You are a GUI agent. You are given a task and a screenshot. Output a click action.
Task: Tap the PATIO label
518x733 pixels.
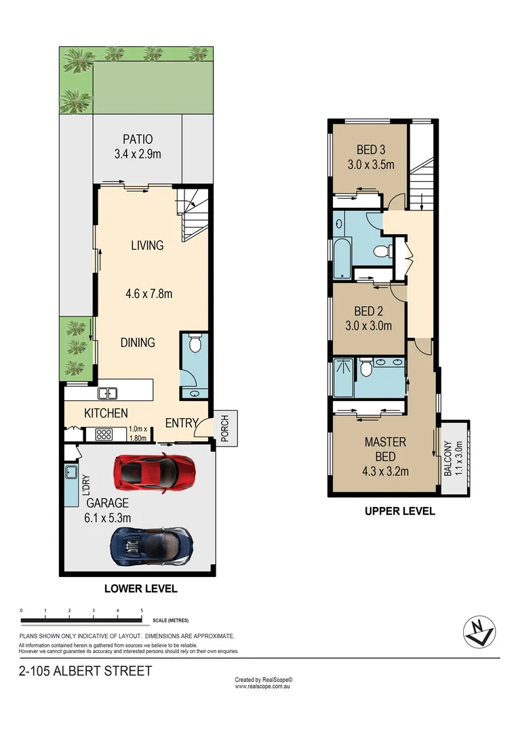click(x=138, y=140)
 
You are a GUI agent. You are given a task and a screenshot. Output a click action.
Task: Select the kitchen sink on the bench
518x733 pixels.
click(x=107, y=393)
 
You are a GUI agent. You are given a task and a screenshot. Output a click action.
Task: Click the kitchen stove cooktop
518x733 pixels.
click(x=104, y=434)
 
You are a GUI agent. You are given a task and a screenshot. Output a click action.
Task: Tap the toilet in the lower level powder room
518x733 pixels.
click(x=195, y=345)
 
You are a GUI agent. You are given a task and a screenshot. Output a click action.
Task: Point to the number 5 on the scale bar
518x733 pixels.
click(x=142, y=611)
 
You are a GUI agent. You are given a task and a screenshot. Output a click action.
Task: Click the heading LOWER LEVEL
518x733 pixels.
click(x=141, y=588)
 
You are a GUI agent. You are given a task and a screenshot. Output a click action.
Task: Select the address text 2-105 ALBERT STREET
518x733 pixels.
click(x=85, y=671)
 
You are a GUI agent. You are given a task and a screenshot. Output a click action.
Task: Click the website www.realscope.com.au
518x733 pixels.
click(x=263, y=687)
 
